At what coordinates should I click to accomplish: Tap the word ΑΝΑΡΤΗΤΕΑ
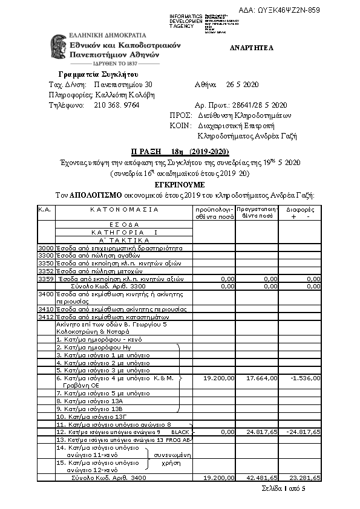point(252,48)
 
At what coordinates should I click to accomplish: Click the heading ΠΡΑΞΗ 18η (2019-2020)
point(180,151)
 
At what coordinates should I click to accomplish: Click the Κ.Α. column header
point(45,210)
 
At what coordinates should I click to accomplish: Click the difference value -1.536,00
point(306,378)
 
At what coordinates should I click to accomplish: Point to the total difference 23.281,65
point(306,478)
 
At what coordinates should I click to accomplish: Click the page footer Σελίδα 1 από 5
point(284,488)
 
